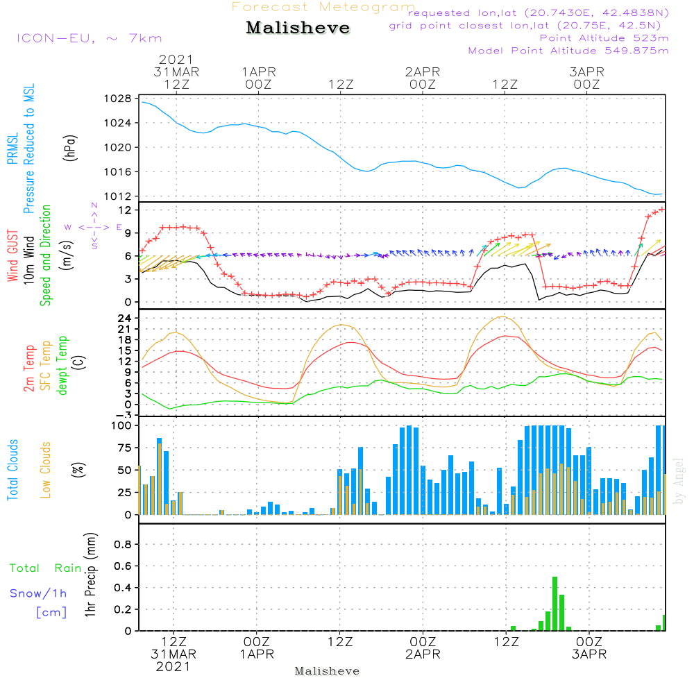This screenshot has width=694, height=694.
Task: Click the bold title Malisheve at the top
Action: click(x=298, y=28)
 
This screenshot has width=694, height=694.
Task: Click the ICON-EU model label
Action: click(x=89, y=38)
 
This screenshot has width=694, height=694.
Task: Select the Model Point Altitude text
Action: click(x=568, y=51)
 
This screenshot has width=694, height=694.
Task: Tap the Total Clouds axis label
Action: click(x=12, y=470)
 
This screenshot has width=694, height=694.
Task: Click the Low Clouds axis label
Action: click(x=46, y=470)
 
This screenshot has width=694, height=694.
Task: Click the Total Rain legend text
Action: click(x=46, y=568)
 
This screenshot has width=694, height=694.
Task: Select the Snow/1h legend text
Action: click(x=40, y=594)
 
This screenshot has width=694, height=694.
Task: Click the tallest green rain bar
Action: click(x=555, y=604)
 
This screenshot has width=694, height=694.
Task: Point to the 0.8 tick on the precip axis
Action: click(x=123, y=545)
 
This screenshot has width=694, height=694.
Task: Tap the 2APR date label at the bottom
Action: click(x=423, y=654)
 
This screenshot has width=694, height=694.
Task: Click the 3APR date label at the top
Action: click(x=586, y=71)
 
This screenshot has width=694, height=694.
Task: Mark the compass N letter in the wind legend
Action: click(x=94, y=205)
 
